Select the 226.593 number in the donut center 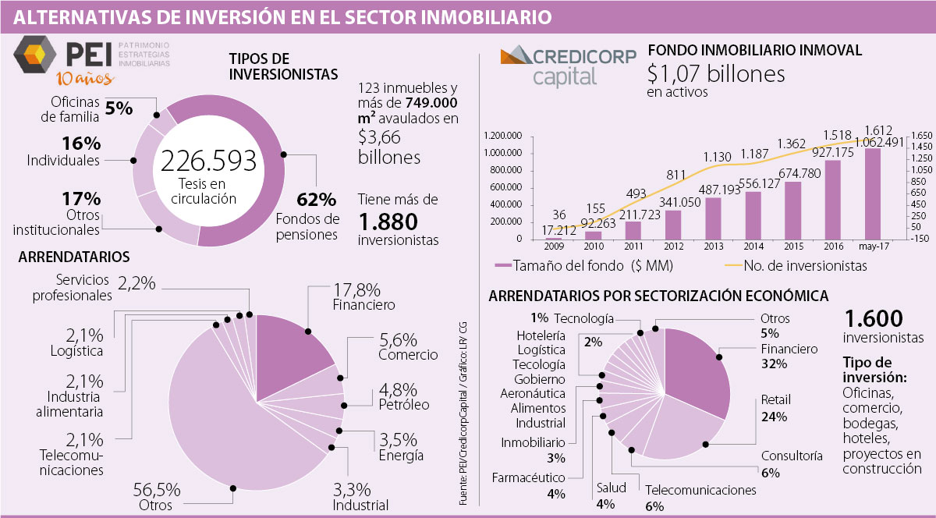tap(208, 161)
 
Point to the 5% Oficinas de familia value tap(119, 108)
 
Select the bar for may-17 tap(873, 193)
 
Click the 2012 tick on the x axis tap(674, 246)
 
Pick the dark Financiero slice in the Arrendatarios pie tap(292, 350)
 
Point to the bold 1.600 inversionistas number tap(873, 319)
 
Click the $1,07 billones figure tap(715, 75)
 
